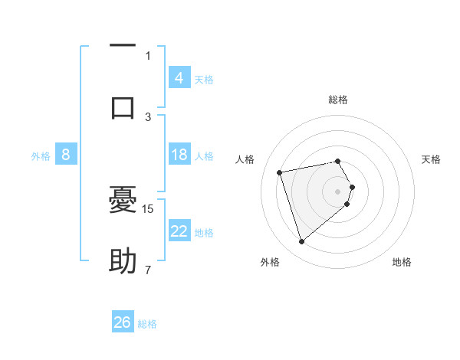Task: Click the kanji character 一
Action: (x=123, y=46)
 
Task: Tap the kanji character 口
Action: (x=123, y=106)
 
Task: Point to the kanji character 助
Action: (x=123, y=261)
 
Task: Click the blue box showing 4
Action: (x=179, y=78)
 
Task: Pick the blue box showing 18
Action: (x=179, y=155)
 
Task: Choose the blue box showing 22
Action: (x=179, y=231)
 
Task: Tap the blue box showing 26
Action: (x=123, y=322)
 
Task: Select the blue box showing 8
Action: (x=66, y=155)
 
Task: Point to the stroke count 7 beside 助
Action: (x=148, y=270)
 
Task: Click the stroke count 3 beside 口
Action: (x=148, y=116)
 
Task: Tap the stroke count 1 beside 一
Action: (x=148, y=55)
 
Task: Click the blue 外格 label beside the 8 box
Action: (x=41, y=156)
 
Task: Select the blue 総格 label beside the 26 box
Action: (x=147, y=324)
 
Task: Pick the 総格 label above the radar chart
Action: (x=338, y=100)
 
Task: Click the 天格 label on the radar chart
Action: (x=431, y=159)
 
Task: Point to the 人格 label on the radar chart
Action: (x=245, y=159)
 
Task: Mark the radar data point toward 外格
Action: (x=302, y=242)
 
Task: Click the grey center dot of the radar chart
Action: (x=338, y=191)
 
